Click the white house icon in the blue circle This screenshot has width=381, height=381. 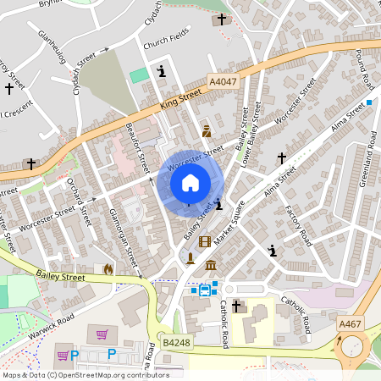tap(190, 182)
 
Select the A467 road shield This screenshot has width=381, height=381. tap(349, 323)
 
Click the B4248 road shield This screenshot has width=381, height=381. tap(176, 342)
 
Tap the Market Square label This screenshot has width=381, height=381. tap(229, 224)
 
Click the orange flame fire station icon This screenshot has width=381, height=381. tap(108, 269)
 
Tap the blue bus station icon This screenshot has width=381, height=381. tap(205, 290)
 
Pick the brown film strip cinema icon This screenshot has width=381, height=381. tap(203, 242)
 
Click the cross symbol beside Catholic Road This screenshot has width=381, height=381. tap(236, 306)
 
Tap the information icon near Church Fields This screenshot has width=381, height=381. tap(161, 71)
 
